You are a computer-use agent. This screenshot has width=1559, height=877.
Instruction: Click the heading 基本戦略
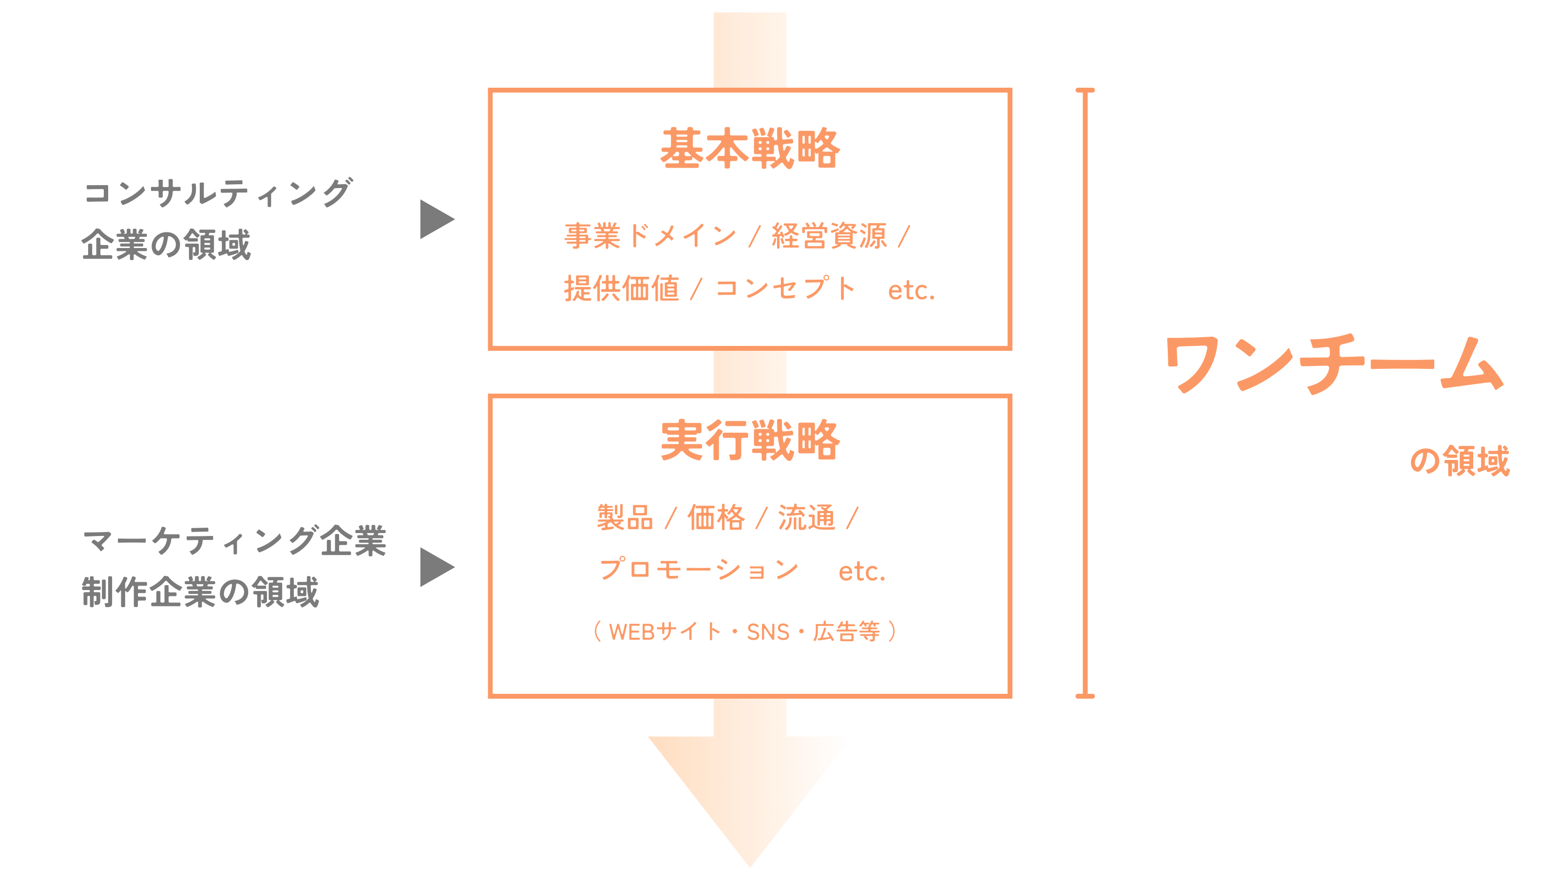click(x=750, y=149)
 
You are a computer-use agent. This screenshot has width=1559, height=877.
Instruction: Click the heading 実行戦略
click(x=750, y=440)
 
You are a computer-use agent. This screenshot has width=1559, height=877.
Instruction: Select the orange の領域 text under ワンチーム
click(x=1460, y=461)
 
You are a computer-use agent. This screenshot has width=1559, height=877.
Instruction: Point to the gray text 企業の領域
click(x=166, y=245)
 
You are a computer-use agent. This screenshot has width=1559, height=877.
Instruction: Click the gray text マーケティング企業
click(x=234, y=540)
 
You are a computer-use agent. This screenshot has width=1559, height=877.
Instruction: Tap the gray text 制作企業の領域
click(x=200, y=592)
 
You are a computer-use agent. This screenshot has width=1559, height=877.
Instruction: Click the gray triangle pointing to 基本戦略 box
click(x=436, y=219)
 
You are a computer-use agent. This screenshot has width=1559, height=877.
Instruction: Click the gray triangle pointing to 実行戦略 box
click(x=436, y=567)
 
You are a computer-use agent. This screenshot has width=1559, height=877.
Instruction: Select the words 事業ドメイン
click(x=650, y=235)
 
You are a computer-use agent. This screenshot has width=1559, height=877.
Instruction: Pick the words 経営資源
click(x=829, y=235)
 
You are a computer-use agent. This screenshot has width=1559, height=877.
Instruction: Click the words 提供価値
click(x=622, y=288)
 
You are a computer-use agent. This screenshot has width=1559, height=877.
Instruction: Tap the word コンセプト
click(x=785, y=288)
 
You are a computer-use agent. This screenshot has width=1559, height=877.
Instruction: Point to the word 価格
click(x=716, y=517)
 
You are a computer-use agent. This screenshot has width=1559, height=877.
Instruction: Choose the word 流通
click(x=806, y=517)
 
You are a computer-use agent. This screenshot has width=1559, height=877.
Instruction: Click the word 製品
click(x=625, y=517)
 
